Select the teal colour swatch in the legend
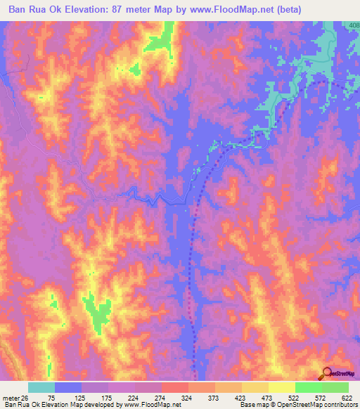[41, 387]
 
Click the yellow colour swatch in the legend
[281, 387]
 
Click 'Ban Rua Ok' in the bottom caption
[21, 405]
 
